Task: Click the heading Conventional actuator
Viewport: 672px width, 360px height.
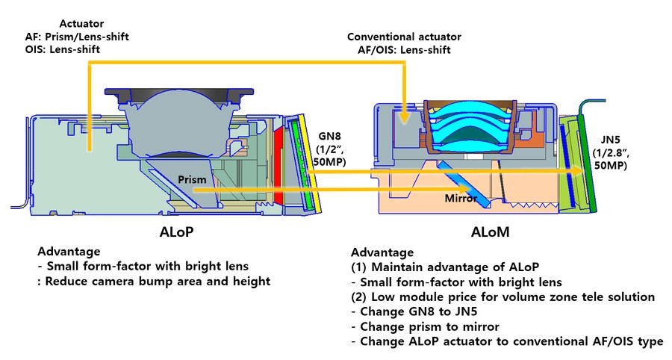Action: (404, 36)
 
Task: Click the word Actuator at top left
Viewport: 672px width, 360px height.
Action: (82, 23)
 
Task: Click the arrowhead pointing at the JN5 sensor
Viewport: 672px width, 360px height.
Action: (578, 171)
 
